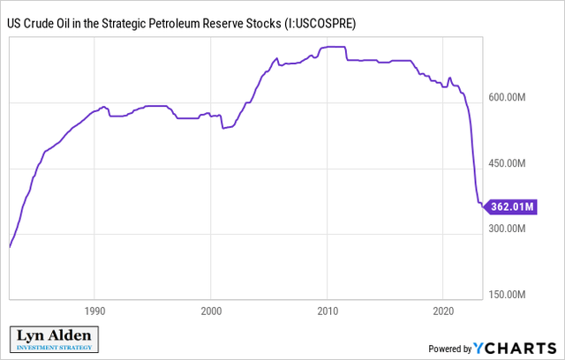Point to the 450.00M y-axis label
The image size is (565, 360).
point(513,163)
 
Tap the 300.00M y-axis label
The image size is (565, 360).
point(513,229)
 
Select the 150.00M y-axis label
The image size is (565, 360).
point(513,294)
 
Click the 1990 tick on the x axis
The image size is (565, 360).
point(95,311)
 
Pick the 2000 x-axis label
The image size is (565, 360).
point(211,311)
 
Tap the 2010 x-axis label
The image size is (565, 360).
point(327,311)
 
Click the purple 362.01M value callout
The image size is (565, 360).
point(511,206)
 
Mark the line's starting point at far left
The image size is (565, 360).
point(9,247)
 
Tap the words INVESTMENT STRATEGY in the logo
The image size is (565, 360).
point(54,349)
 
